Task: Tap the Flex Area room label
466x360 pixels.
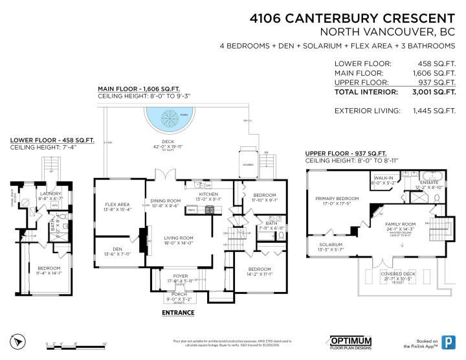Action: pyautogui.click(x=118, y=205)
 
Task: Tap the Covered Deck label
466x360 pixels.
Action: pyautogui.click(x=402, y=273)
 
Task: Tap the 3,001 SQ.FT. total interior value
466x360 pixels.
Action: pyautogui.click(x=431, y=93)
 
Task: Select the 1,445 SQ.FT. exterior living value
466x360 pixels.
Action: pyautogui.click(x=431, y=111)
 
